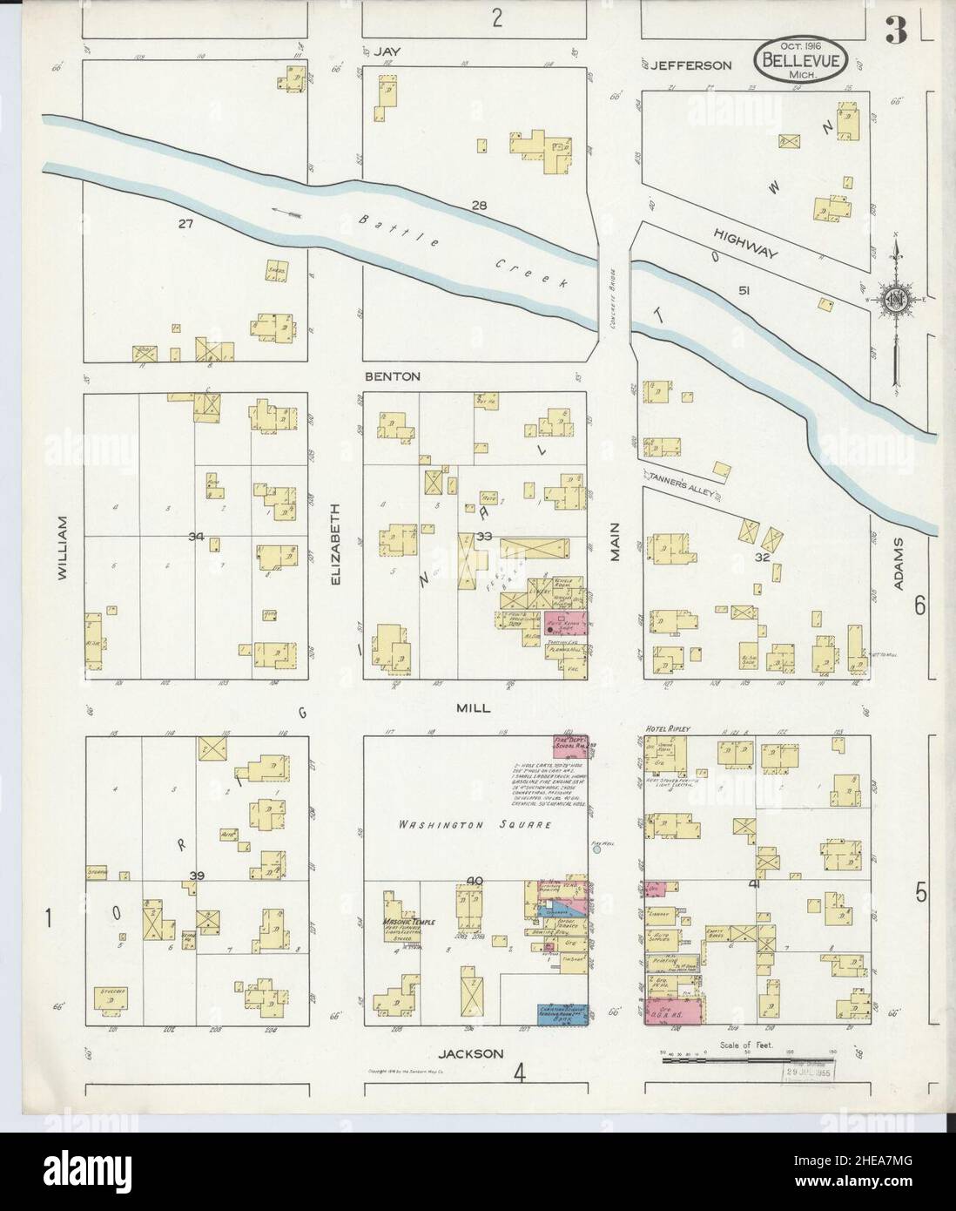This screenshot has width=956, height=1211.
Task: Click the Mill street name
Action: point(474,708)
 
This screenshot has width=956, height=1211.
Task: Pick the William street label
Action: point(63,547)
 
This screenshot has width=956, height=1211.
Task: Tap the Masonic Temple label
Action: point(407,923)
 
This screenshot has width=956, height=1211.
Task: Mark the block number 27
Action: point(185,224)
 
